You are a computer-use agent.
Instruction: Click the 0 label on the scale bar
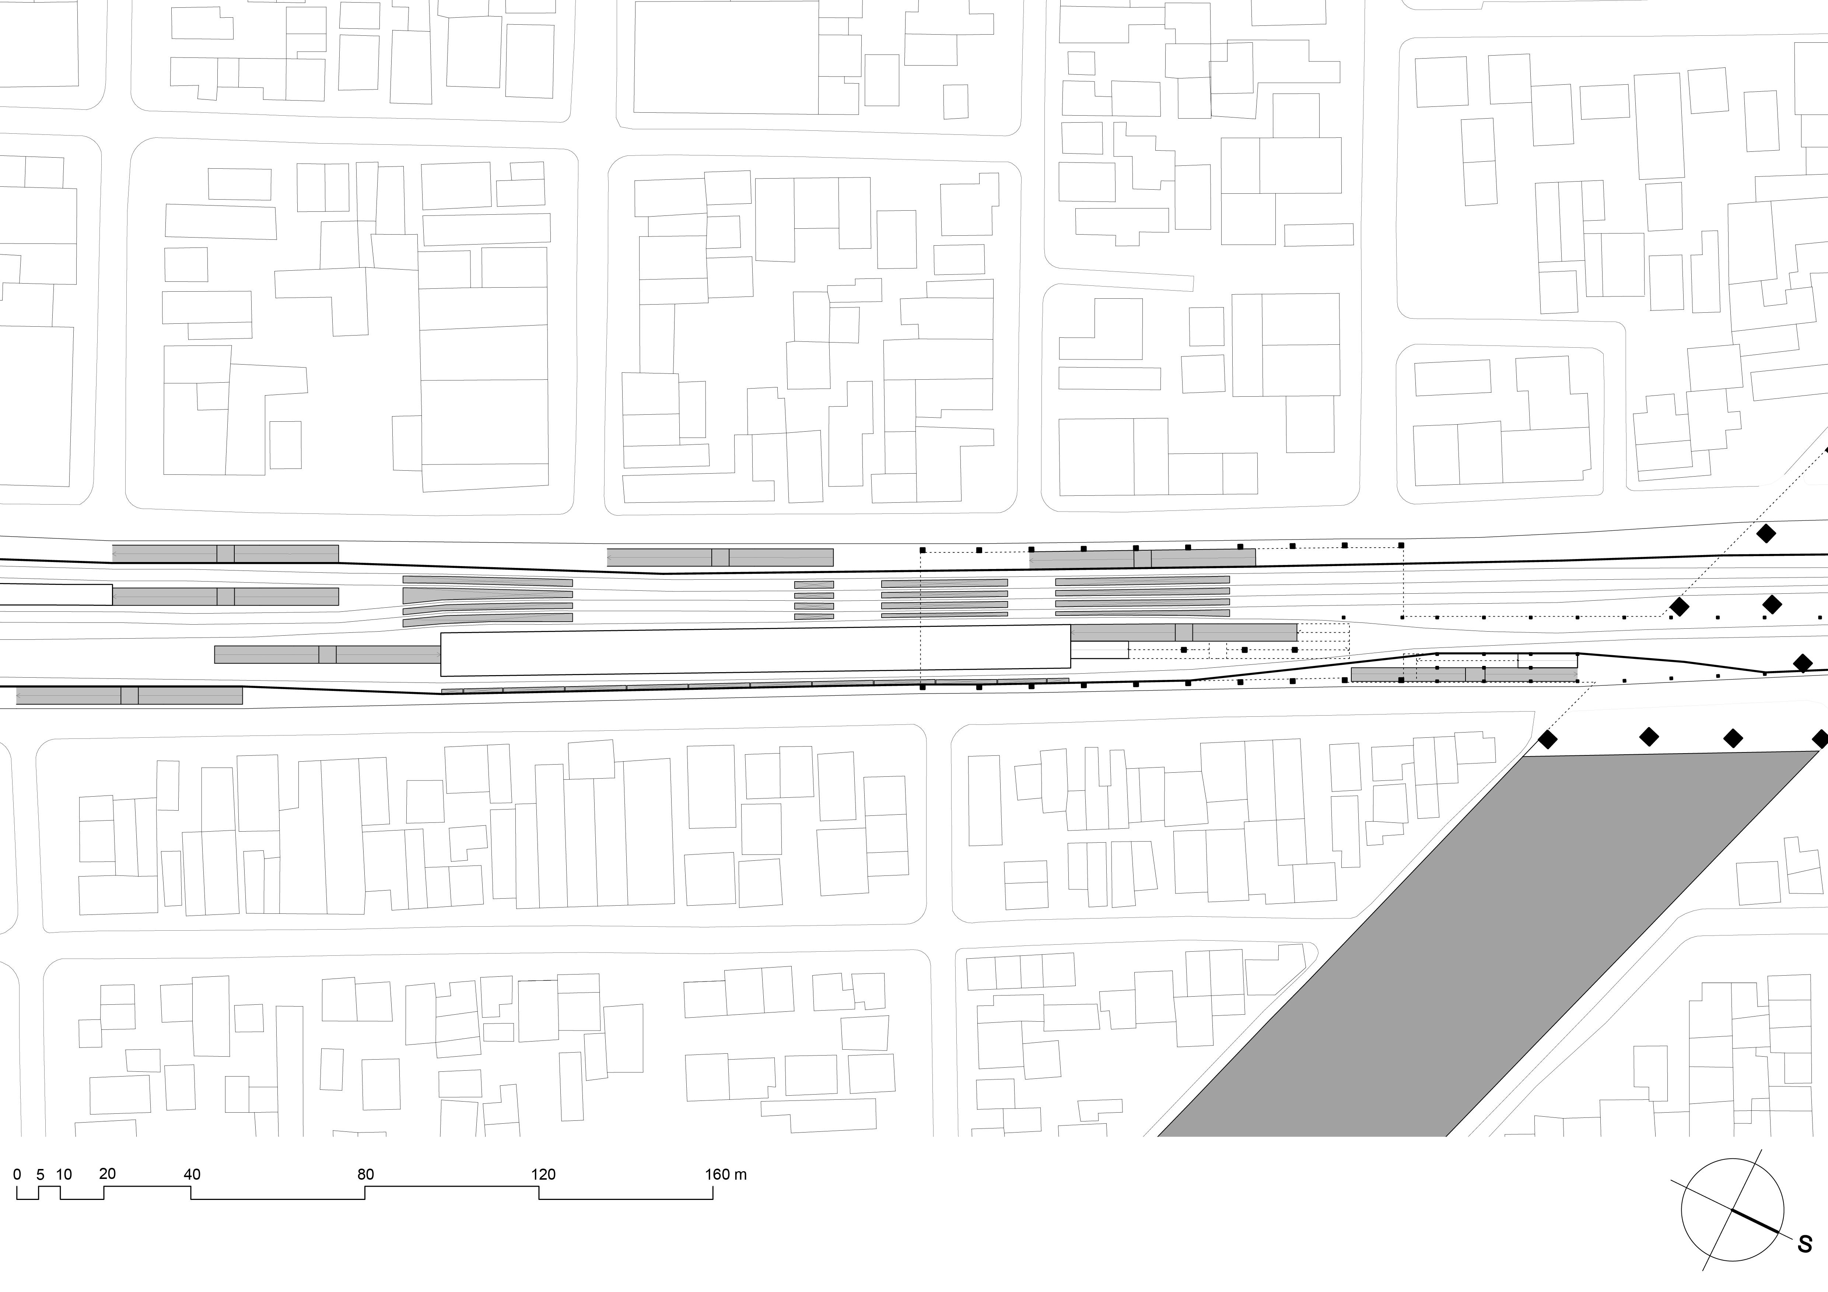pyautogui.click(x=17, y=1174)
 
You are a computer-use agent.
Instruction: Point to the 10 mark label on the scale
pyautogui.click(x=64, y=1174)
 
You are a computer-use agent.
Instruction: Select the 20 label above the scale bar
pyautogui.click(x=108, y=1173)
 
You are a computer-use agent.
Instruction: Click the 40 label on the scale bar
pyautogui.click(x=192, y=1174)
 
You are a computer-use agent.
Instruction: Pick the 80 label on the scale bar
pyautogui.click(x=365, y=1174)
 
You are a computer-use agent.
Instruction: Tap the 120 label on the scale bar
pyautogui.click(x=544, y=1174)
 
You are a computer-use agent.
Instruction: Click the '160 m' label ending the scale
pyautogui.click(x=725, y=1174)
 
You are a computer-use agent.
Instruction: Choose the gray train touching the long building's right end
pyautogui.click(x=1184, y=633)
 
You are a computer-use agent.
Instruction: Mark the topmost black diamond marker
pyautogui.click(x=1766, y=533)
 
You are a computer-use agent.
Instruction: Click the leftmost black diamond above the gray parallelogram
pyautogui.click(x=1547, y=740)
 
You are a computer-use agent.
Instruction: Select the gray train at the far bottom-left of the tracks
pyautogui.click(x=129, y=695)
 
